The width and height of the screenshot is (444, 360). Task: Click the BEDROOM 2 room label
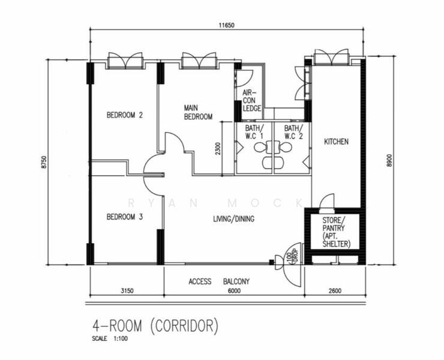coord(124,115)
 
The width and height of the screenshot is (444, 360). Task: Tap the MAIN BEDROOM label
coord(198,112)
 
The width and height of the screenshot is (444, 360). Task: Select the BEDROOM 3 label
coord(124,217)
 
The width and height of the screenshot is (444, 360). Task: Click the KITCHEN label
coord(336,142)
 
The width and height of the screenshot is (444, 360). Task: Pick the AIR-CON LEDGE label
coord(251,101)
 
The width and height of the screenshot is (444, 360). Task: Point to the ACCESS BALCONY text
coord(219,281)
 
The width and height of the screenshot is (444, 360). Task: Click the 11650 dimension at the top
coord(226,25)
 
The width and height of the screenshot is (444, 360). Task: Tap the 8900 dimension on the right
coord(389,160)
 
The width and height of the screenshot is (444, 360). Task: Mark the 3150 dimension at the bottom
coord(126,291)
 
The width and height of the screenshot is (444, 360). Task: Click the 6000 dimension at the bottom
coord(233,291)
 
